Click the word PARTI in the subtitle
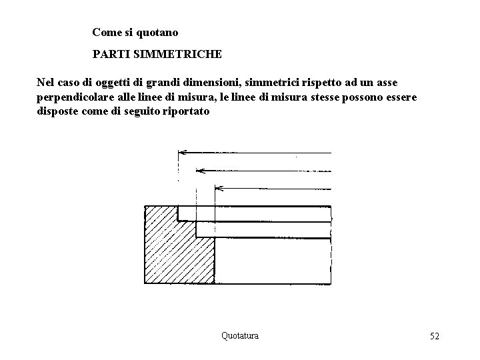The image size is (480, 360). (109, 52)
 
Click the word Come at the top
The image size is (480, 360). (105, 31)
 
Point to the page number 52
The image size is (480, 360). (435, 336)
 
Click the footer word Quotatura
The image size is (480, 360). (239, 336)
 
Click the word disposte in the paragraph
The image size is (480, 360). (56, 112)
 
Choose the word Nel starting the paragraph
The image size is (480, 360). (45, 83)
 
